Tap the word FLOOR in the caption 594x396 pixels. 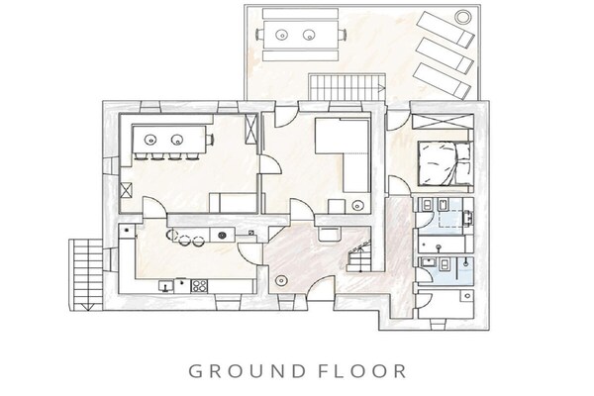[362, 371]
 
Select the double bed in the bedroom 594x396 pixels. [445, 163]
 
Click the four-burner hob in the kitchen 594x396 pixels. [199, 286]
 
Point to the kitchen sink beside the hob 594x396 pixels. [166, 286]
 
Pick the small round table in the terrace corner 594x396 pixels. [462, 17]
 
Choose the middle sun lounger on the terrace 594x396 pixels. [445, 55]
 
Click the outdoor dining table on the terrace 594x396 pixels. [301, 35]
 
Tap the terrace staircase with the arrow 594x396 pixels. [347, 87]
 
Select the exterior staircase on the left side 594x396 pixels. [86, 275]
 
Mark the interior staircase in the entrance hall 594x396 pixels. [359, 253]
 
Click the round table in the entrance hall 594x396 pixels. [281, 281]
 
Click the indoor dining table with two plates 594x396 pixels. [169, 140]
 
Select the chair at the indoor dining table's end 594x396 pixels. [210, 140]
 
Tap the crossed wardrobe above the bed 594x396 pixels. [443, 122]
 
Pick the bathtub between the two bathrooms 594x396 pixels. [442, 246]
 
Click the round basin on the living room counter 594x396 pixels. [357, 206]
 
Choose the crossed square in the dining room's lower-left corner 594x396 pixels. [126, 190]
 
